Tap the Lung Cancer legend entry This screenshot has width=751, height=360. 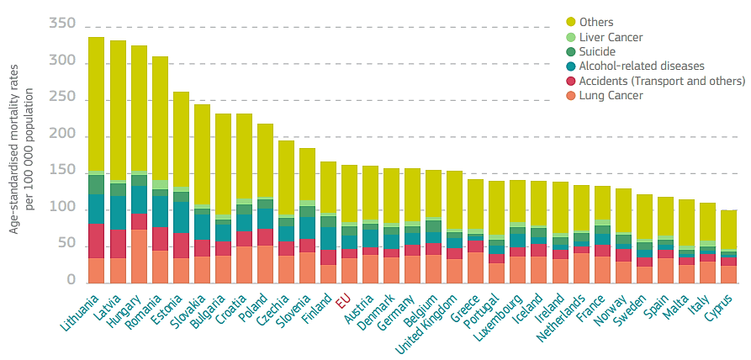606,95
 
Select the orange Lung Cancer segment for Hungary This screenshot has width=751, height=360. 139,256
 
